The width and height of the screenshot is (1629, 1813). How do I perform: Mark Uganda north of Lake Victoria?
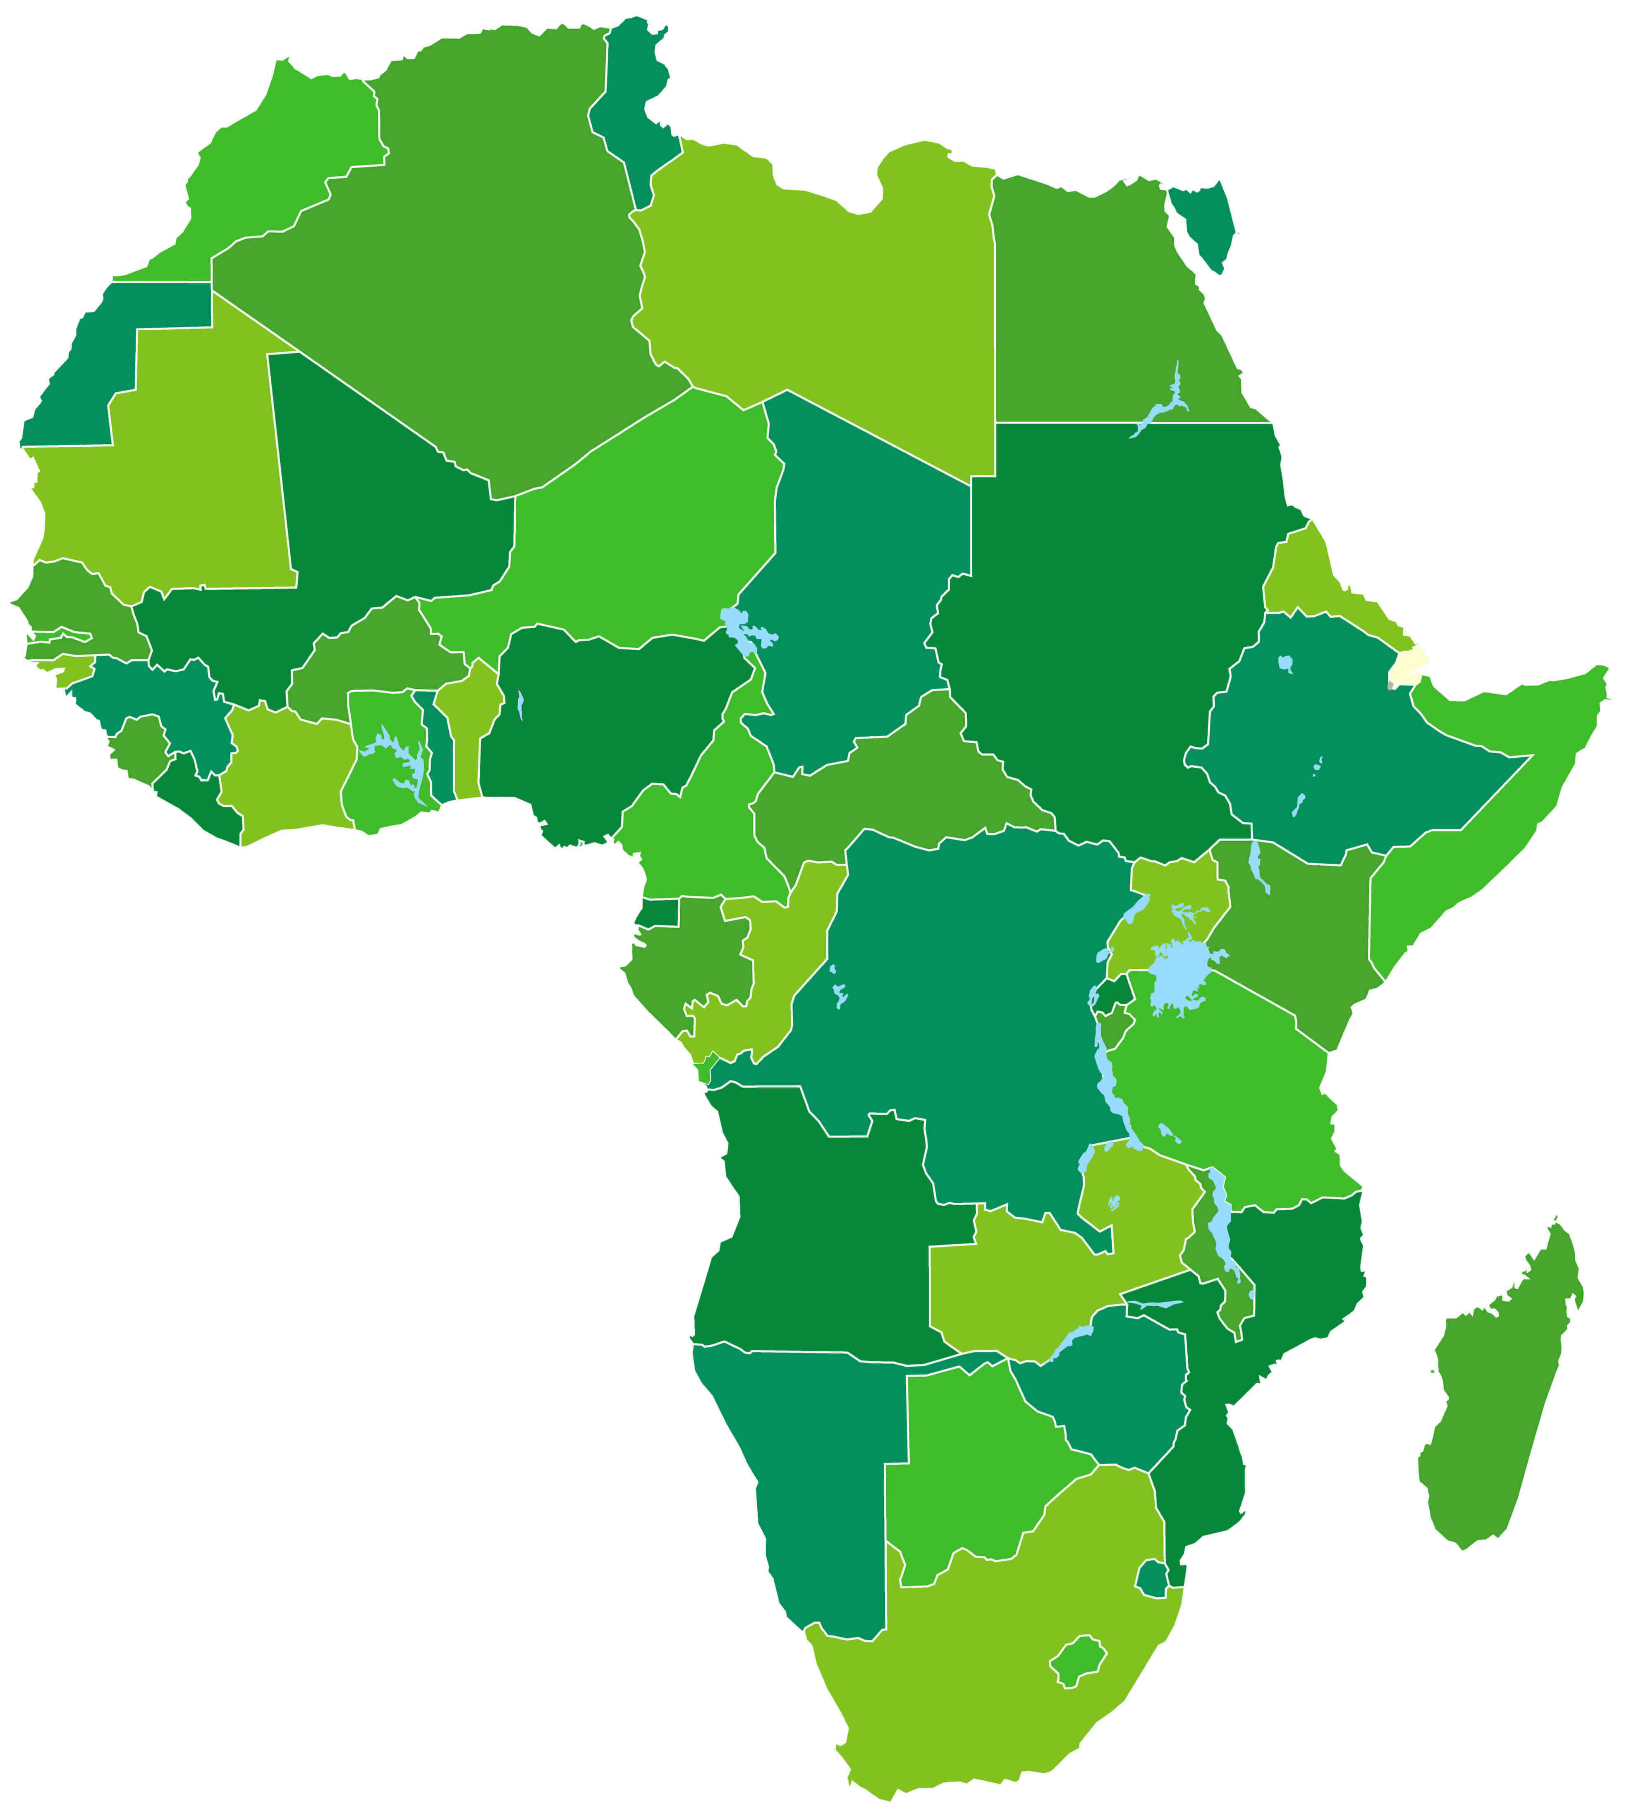coord(1172,904)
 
